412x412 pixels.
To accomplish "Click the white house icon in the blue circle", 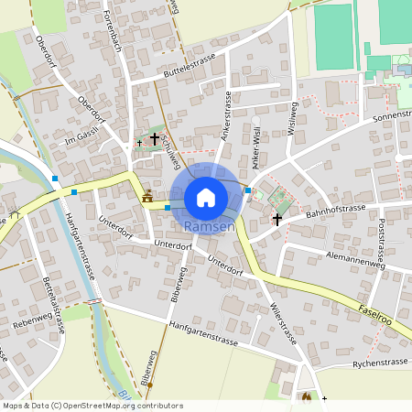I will (x=206, y=198).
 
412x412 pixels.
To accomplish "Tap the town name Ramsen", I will (x=210, y=226).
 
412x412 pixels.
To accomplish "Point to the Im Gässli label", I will (x=76, y=139).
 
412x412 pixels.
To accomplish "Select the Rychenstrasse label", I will (x=380, y=364).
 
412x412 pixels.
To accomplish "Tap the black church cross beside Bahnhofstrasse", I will (x=277, y=219).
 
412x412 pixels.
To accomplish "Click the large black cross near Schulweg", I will (x=155, y=139).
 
